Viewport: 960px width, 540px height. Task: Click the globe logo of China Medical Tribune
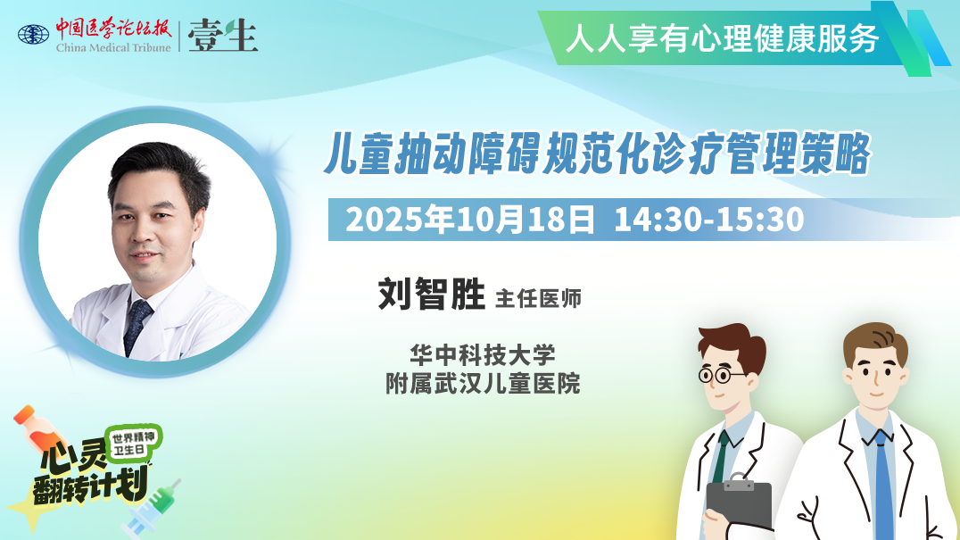33,34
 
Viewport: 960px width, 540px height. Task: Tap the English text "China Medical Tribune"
113,48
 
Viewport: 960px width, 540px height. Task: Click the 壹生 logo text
223,36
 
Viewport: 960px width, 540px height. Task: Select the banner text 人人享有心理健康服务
723,38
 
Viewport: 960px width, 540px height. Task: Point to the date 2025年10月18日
469,220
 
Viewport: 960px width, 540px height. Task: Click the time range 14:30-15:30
709,220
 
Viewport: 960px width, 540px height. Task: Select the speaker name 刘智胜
432,295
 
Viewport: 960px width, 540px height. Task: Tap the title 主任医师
538,298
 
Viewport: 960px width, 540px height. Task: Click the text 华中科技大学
483,354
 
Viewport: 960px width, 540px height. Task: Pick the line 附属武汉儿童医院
483,383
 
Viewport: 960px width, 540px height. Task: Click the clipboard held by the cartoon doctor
739,502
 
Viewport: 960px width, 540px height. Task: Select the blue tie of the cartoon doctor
883,484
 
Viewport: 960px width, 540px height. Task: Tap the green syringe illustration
151,508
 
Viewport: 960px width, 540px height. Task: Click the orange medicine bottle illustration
39,428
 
